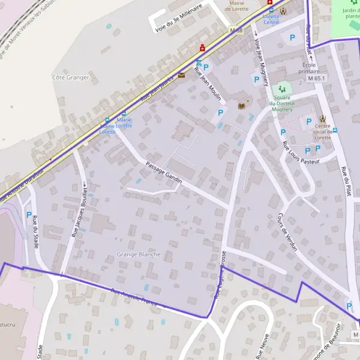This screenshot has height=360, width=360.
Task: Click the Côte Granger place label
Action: (x=71, y=77)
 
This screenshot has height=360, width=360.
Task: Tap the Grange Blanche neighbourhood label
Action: (x=139, y=254)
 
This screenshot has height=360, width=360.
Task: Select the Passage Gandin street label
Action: (x=163, y=172)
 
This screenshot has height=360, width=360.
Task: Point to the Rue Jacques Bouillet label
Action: (x=80, y=210)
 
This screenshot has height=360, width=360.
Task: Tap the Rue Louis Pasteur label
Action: (x=302, y=153)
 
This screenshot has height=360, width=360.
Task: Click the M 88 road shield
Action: (x=236, y=30)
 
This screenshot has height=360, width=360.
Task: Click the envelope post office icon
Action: (x=181, y=76)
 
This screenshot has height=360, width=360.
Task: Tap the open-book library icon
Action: (x=242, y=106)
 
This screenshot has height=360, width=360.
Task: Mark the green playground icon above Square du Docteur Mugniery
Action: (x=282, y=89)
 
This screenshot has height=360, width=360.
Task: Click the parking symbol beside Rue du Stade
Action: (x=28, y=215)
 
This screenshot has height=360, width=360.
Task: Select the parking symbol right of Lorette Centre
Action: (x=292, y=38)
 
